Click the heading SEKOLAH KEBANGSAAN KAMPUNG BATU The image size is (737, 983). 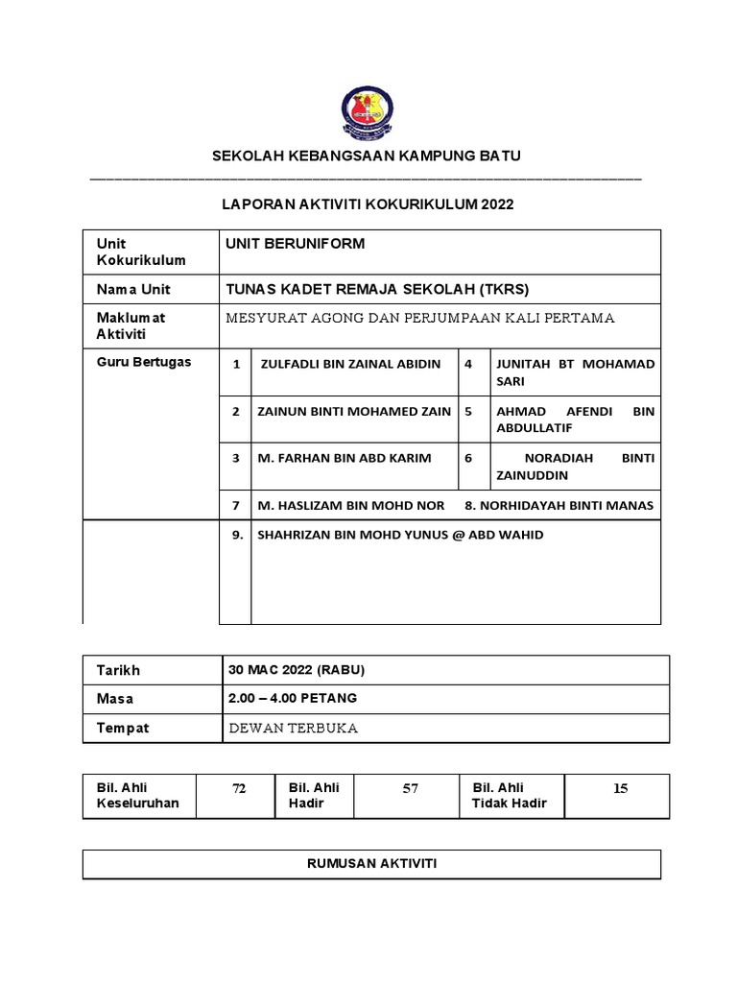(367, 156)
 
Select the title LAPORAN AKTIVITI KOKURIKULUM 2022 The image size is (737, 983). (368, 204)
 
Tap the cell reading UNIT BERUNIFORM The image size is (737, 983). (295, 244)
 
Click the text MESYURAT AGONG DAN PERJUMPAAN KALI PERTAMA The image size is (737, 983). (419, 318)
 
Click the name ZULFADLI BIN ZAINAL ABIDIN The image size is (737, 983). (350, 364)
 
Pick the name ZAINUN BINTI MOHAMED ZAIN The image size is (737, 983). (354, 411)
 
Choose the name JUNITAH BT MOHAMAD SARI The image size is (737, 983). (575, 372)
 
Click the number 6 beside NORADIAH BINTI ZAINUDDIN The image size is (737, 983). (468, 458)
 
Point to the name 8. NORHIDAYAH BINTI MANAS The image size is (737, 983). (559, 505)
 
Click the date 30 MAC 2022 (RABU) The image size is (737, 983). (297, 669)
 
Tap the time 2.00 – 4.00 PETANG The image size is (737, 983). (293, 698)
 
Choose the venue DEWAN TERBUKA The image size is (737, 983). (293, 728)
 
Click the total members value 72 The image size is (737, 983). (239, 788)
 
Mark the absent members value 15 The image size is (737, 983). (620, 788)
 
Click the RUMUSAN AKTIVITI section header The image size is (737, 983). (371, 864)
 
